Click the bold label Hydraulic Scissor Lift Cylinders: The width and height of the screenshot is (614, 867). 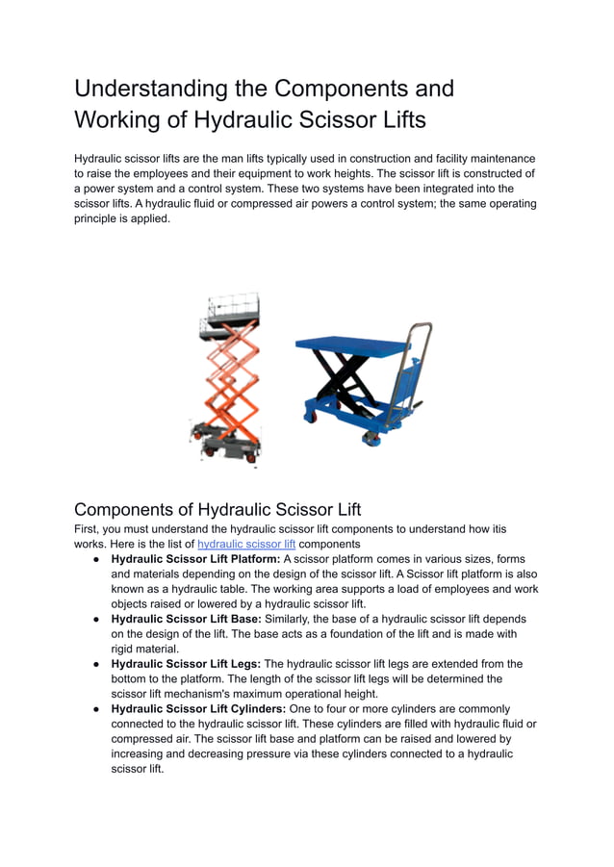click(x=198, y=709)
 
